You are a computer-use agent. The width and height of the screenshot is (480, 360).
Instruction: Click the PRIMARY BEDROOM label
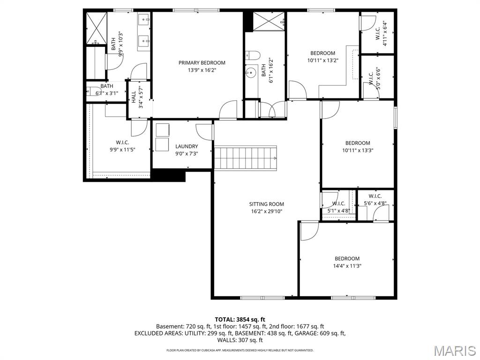pos(202,63)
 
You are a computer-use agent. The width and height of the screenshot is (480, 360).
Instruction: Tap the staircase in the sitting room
pos(245,157)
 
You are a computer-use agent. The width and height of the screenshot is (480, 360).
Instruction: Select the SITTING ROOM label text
pos(266,204)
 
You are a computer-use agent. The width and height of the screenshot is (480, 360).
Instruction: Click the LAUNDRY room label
pos(187,146)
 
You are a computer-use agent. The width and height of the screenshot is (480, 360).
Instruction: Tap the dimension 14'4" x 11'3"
pos(347,266)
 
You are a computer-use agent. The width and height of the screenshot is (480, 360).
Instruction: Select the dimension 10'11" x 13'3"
pos(358,150)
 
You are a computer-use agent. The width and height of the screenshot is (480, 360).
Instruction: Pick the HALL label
pos(134,97)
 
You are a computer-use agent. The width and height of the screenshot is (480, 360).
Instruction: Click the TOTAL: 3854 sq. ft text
pos(240,319)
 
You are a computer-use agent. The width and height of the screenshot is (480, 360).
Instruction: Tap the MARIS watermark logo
pos(454,350)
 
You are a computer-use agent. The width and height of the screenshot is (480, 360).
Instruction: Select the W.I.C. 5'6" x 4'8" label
pos(375,196)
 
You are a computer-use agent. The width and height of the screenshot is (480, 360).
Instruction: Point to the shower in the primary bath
pos(96,28)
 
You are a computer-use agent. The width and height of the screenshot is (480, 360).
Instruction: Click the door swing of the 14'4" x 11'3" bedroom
pos(308,231)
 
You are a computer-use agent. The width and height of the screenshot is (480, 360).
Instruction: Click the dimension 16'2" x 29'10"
pos(266,211)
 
